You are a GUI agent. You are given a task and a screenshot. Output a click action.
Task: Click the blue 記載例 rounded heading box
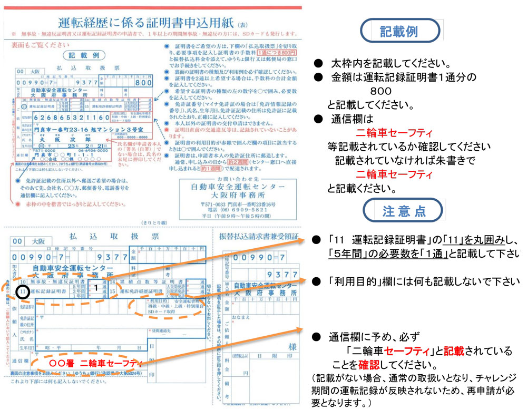point(398,31)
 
